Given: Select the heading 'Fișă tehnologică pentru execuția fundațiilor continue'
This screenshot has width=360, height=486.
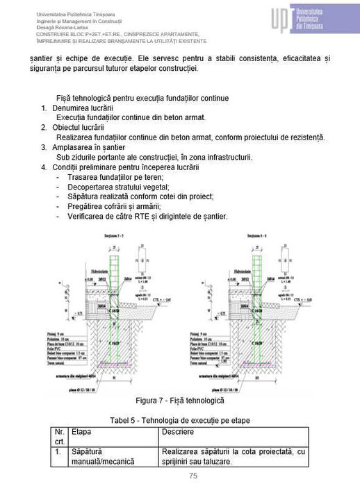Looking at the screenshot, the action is pyautogui.click(x=142, y=99).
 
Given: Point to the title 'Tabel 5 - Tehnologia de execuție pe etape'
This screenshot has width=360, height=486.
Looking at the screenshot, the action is pyautogui.click(x=180, y=421).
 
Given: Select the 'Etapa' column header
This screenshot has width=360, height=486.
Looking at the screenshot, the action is pyautogui.click(x=81, y=432).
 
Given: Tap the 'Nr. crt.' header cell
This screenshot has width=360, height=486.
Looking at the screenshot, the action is pyautogui.click(x=59, y=437).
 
